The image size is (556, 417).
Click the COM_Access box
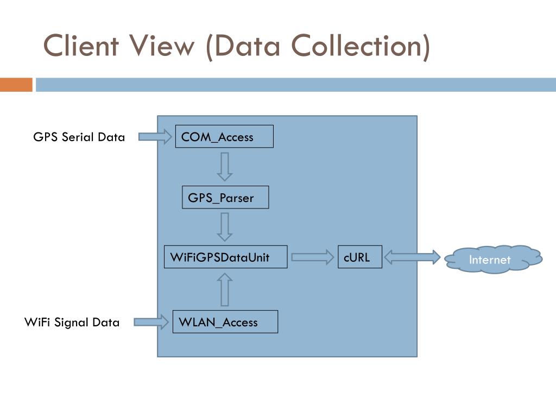(x=224, y=136)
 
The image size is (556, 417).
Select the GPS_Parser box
(x=225, y=197)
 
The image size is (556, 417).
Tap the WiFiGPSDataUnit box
(x=225, y=257)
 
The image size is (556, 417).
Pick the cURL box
(x=360, y=257)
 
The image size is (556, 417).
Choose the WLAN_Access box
(x=225, y=321)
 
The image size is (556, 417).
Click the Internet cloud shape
(x=493, y=259)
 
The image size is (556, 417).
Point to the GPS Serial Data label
(x=79, y=137)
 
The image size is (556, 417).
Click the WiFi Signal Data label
(x=72, y=323)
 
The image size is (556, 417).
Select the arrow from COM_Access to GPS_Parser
(x=225, y=166)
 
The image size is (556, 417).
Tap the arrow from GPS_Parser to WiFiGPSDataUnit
(x=225, y=227)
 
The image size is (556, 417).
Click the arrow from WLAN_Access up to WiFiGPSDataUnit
(x=225, y=289)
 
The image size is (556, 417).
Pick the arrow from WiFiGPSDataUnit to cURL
(x=312, y=257)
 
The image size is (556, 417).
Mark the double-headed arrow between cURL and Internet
(x=412, y=257)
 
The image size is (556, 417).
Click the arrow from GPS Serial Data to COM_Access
(x=155, y=136)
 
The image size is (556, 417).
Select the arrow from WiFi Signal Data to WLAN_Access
(x=151, y=322)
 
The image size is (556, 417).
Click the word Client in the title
(x=81, y=46)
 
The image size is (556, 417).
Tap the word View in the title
(x=162, y=46)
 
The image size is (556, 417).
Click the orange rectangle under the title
(x=16, y=85)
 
